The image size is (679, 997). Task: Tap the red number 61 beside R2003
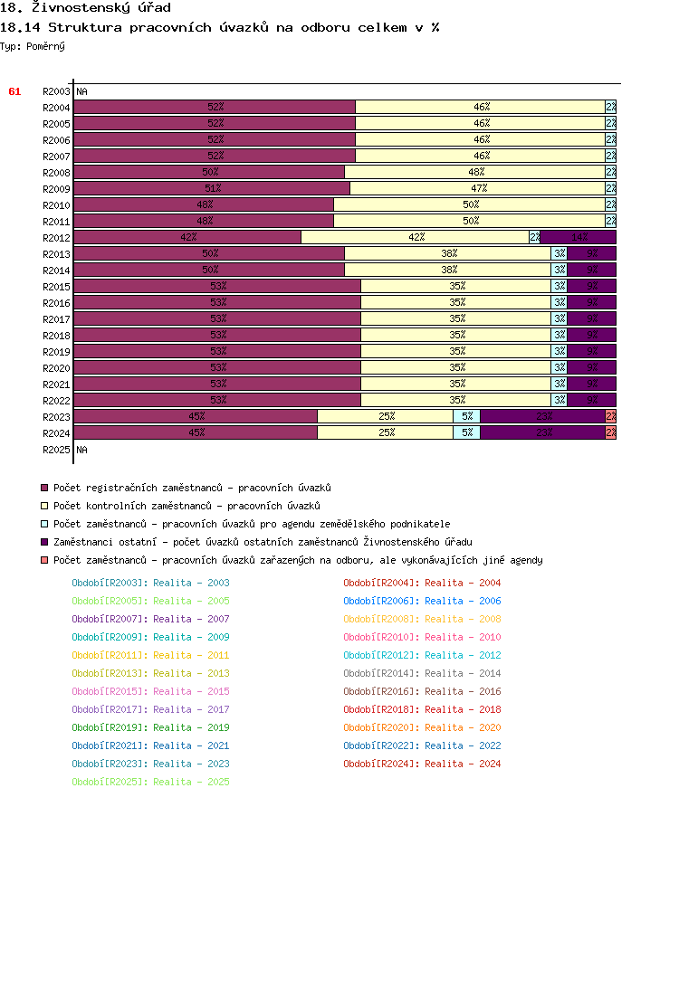pyautogui.click(x=14, y=91)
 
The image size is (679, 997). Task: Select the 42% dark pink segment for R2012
pyautogui.click(x=187, y=237)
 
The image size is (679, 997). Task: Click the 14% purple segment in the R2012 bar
pyautogui.click(x=578, y=237)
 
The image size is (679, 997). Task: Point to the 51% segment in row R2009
pyautogui.click(x=212, y=188)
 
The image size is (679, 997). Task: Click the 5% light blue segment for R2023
pyautogui.click(x=466, y=416)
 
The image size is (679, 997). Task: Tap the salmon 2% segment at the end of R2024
pyautogui.click(x=611, y=432)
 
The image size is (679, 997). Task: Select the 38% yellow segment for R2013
pyautogui.click(x=448, y=253)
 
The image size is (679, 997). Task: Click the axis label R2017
pyautogui.click(x=56, y=319)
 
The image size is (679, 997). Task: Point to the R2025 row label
pyautogui.click(x=56, y=450)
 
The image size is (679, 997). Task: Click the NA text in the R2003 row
pyautogui.click(x=82, y=91)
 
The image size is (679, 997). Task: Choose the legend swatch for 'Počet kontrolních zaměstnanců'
pyautogui.click(x=44, y=506)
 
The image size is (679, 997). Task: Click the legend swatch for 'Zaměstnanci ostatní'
pyautogui.click(x=44, y=542)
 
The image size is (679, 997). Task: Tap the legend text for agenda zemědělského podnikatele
pyautogui.click(x=252, y=524)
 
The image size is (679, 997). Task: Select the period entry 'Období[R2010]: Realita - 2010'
pyautogui.click(x=422, y=637)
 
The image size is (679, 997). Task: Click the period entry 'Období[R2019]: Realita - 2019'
pyautogui.click(x=150, y=727)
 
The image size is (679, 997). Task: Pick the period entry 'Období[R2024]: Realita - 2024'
pyautogui.click(x=422, y=764)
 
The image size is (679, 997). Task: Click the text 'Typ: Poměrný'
pyautogui.click(x=33, y=46)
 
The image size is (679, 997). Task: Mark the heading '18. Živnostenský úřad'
pyautogui.click(x=85, y=8)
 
